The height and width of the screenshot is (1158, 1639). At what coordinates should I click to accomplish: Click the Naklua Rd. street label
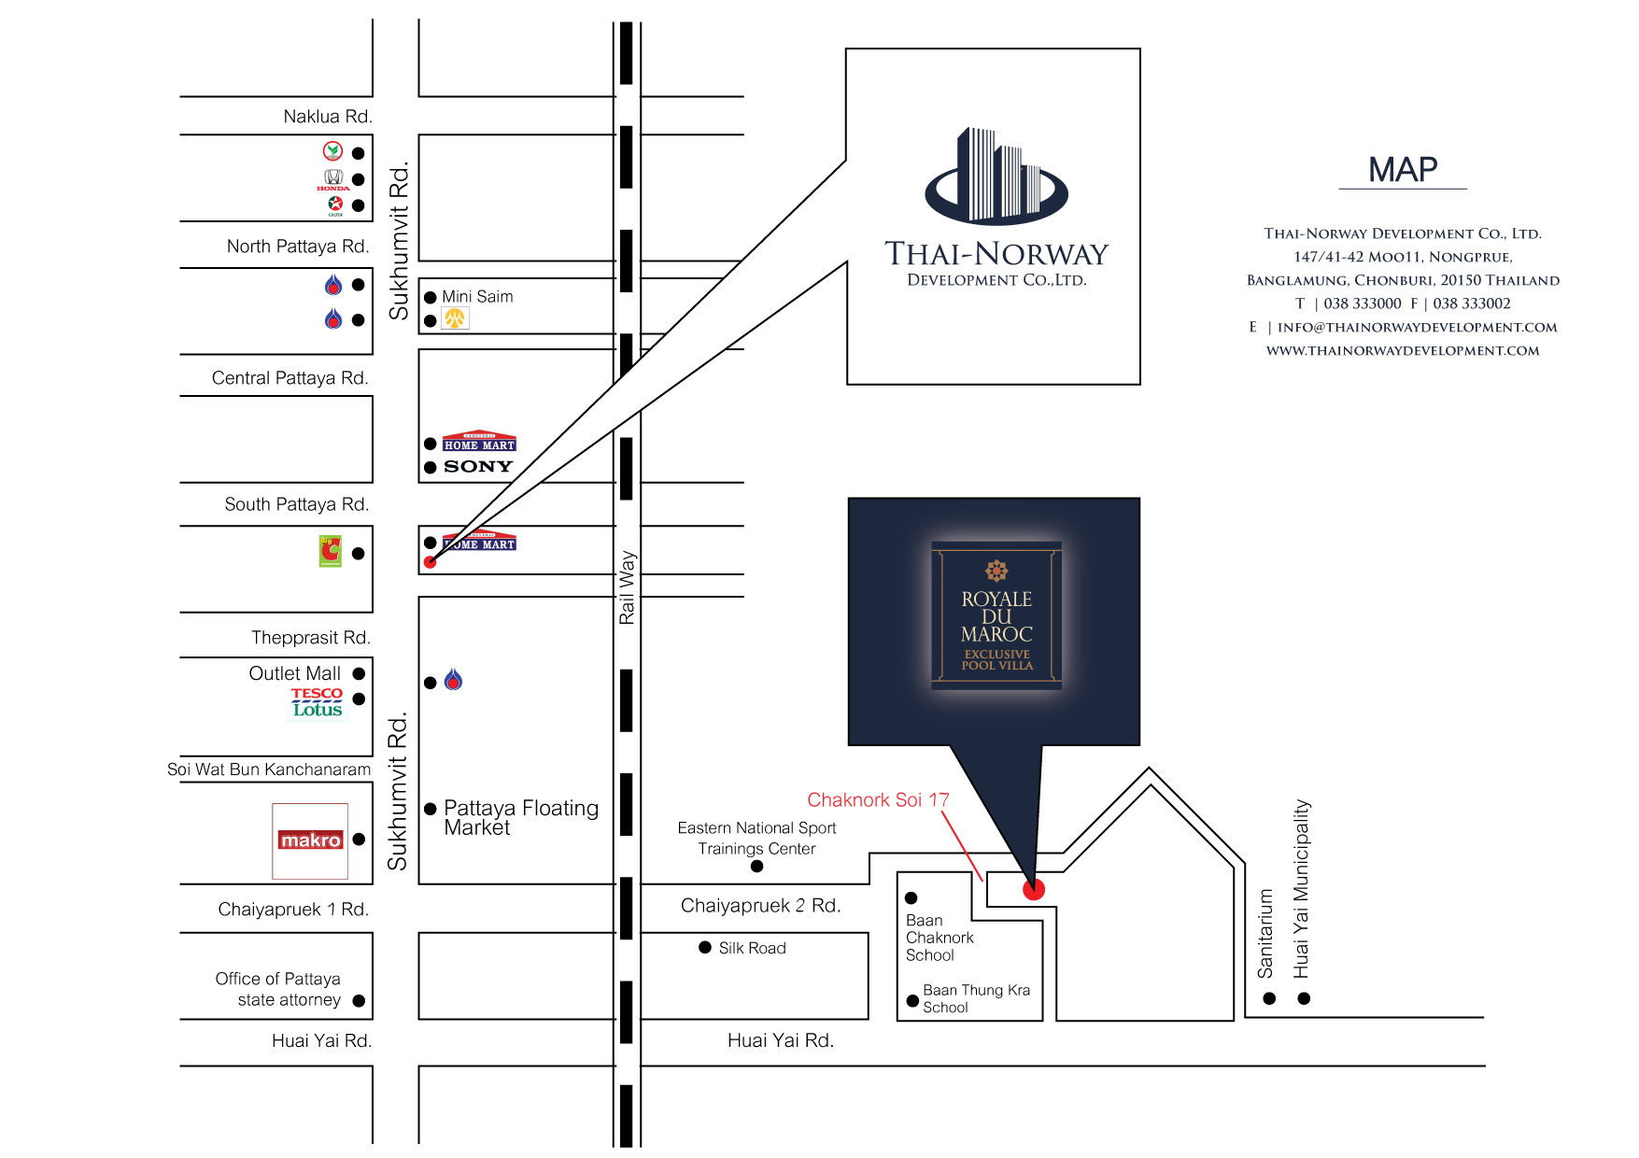(x=328, y=117)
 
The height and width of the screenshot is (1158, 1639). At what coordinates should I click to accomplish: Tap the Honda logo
(x=333, y=179)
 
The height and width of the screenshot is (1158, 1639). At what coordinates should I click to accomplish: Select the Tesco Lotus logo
(x=318, y=702)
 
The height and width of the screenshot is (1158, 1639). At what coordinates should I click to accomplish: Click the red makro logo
(x=311, y=840)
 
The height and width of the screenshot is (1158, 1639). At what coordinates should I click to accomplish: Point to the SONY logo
(x=478, y=467)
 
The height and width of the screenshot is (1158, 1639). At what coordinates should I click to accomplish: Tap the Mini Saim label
(x=477, y=297)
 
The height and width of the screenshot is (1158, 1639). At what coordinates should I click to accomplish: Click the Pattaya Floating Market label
(x=521, y=818)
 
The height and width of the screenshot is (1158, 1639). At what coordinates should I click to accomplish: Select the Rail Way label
(x=627, y=587)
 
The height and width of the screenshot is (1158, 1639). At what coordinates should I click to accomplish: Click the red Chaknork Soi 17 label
(x=878, y=799)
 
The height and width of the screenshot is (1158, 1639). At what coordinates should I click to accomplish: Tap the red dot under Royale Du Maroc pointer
(x=1033, y=889)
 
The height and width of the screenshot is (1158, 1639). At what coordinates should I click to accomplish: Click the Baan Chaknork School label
(x=940, y=938)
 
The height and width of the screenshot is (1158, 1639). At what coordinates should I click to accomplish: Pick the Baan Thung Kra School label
(x=976, y=998)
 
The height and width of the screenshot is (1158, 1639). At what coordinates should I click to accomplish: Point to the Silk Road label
(x=752, y=948)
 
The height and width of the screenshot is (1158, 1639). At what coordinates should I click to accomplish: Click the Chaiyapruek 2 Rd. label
(x=760, y=906)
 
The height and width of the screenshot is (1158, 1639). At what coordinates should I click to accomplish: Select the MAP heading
(x=1403, y=170)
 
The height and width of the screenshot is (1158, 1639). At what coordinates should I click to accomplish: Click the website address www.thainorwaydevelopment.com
(x=1403, y=351)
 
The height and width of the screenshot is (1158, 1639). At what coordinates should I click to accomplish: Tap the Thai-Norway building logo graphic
(x=996, y=176)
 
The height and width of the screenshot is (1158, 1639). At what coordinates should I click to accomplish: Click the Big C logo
(x=331, y=552)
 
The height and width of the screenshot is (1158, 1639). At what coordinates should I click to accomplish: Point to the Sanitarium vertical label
(x=1265, y=934)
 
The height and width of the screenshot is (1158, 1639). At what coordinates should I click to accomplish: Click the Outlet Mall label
(x=294, y=673)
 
